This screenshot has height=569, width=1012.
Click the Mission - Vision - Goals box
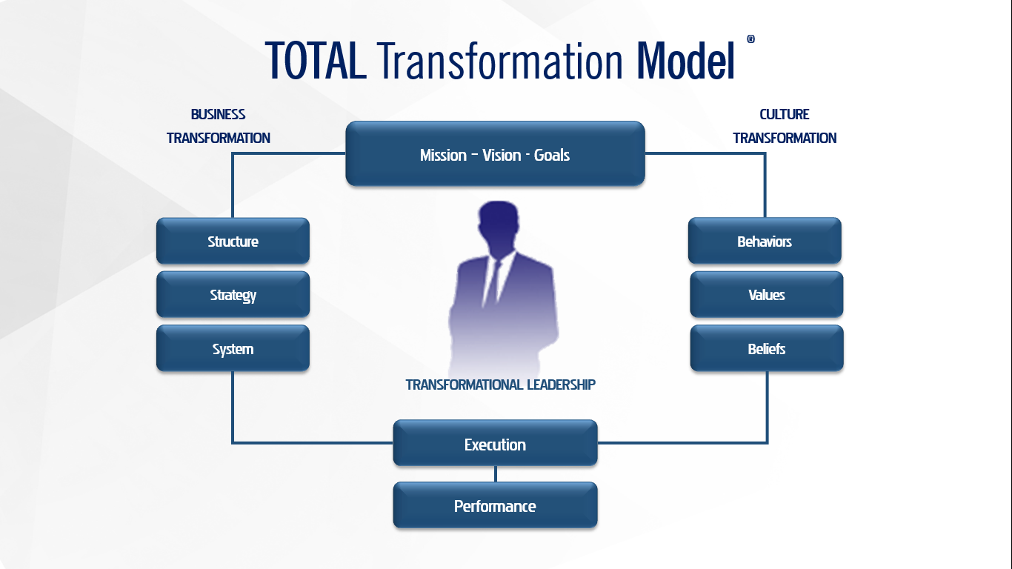(495, 153)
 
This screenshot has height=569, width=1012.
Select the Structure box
(233, 241)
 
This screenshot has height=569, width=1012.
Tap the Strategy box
(233, 294)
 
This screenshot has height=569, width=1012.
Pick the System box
(233, 348)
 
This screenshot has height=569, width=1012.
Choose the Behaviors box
(765, 241)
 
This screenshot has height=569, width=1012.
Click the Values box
(767, 294)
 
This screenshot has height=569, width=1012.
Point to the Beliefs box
(767, 348)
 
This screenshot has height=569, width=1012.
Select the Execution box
(495, 443)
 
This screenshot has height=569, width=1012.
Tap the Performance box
(495, 505)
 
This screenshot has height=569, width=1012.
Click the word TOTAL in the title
(316, 61)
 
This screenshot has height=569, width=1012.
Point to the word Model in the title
(686, 61)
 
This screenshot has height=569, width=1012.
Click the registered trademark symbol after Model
(750, 39)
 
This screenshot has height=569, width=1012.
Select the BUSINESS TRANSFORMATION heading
(219, 126)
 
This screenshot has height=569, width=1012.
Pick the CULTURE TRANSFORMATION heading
(785, 126)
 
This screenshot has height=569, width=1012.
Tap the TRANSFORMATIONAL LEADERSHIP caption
(501, 385)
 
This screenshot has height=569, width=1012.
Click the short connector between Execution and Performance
(496, 474)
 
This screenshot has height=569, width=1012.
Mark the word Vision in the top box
(502, 155)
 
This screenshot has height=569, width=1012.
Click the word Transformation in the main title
(500, 61)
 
